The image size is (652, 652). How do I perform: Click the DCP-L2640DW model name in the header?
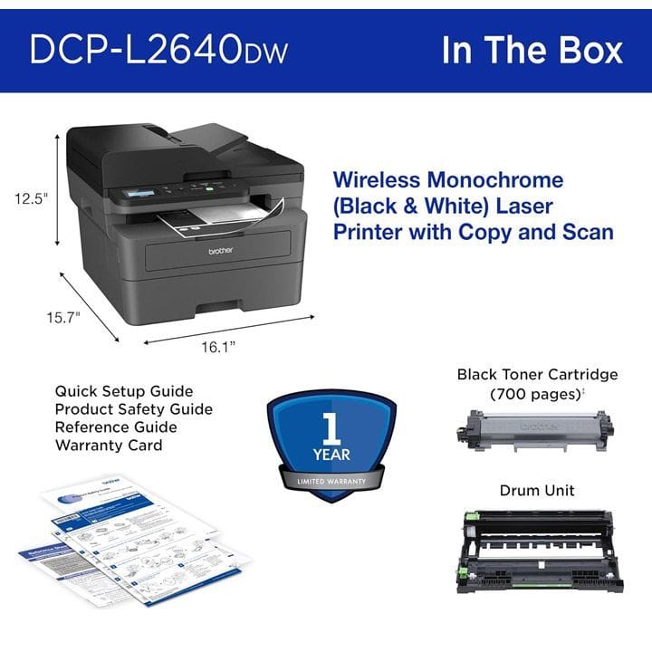pyautogui.click(x=158, y=50)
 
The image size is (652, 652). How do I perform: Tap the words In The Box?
pyautogui.click(x=532, y=50)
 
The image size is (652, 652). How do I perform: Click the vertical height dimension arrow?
pyautogui.click(x=58, y=188)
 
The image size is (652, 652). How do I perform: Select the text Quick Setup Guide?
pyautogui.click(x=124, y=391)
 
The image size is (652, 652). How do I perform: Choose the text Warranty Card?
pyautogui.click(x=109, y=446)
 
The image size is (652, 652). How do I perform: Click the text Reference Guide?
pyautogui.click(x=115, y=427)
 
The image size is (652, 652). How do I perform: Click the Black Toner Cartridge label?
pyautogui.click(x=537, y=374)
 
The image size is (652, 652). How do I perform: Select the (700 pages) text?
pyautogui.click(x=534, y=395)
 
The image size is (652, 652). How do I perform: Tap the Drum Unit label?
pyautogui.click(x=537, y=491)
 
